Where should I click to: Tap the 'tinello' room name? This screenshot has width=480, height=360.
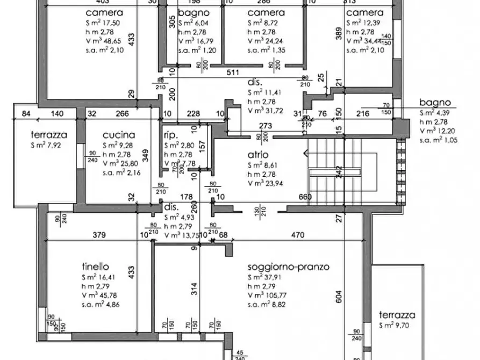tap(96, 267)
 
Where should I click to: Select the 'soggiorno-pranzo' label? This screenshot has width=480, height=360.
tap(288, 267)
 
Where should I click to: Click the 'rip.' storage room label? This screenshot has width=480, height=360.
tap(170, 135)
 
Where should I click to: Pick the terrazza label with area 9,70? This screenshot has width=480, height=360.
tap(397, 315)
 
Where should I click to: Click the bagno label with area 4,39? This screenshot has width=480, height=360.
tap(435, 103)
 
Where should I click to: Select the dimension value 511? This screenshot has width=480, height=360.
tap(233, 73)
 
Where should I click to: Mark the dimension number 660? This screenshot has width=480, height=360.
tap(305, 197)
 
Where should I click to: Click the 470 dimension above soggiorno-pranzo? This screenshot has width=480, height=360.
tap(298, 234)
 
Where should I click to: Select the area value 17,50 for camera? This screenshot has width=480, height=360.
tap(111, 23)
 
